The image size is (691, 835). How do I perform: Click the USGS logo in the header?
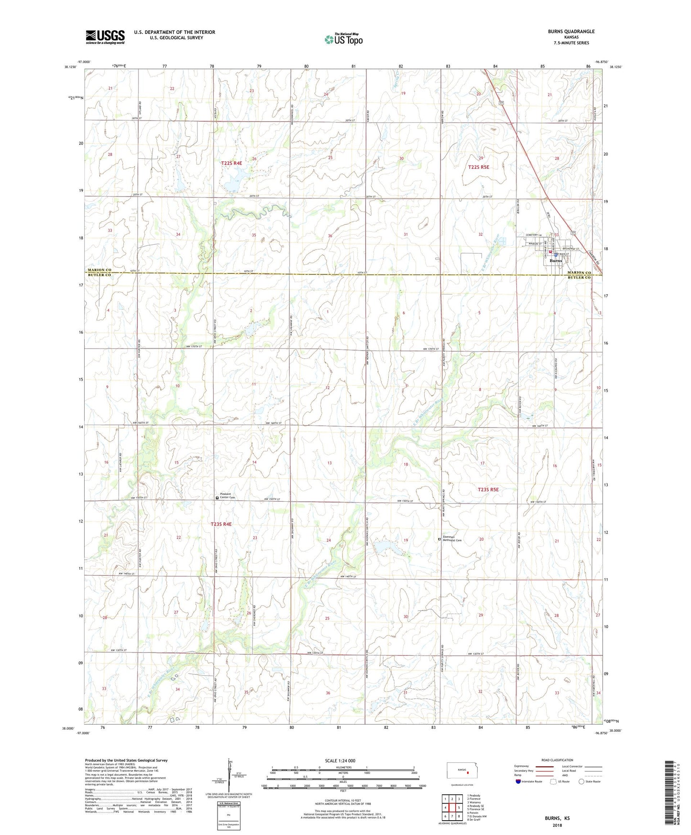click(x=105, y=37)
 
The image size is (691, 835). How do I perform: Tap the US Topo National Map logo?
click(x=343, y=39)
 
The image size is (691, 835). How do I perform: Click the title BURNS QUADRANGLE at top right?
click(x=571, y=32)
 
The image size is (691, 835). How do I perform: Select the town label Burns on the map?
click(x=556, y=261)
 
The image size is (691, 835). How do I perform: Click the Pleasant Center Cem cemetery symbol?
click(x=217, y=498)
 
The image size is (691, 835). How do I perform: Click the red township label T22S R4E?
click(x=231, y=164)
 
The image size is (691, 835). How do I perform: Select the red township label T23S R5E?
click(x=488, y=490)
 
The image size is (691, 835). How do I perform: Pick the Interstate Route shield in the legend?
click(x=518, y=781)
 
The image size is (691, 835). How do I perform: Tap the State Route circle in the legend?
click(x=581, y=781)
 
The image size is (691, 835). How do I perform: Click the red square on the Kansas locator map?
click(x=469, y=772)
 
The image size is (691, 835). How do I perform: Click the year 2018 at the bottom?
click(x=557, y=825)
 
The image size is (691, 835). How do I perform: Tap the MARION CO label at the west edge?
click(x=99, y=270)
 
